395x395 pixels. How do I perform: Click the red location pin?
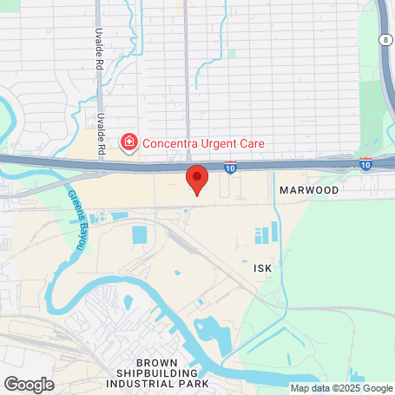click(x=197, y=178)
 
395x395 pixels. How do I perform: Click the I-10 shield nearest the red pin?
click(x=230, y=166)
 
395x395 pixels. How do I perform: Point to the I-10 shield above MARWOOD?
click(x=366, y=163)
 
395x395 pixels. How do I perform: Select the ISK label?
click(x=263, y=268)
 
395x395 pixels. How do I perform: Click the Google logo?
click(x=29, y=383)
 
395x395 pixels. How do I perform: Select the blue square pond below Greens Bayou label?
click(x=140, y=235)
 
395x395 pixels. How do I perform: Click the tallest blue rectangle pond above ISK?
click(x=274, y=232)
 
